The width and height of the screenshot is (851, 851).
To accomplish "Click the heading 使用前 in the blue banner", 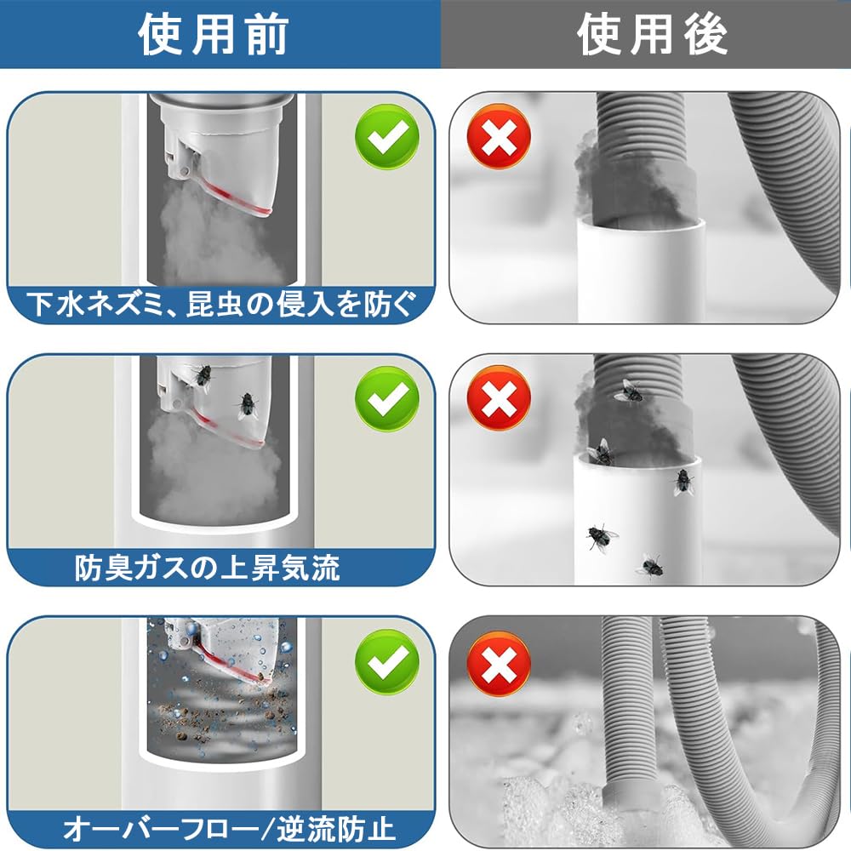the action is [x=214, y=34].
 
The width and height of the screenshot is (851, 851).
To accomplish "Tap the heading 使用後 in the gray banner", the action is [x=652, y=34].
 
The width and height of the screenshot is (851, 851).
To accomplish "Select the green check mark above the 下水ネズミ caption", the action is [x=387, y=136].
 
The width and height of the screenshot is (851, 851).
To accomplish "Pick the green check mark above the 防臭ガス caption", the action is [x=387, y=399].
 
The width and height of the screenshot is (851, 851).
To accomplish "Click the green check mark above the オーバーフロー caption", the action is [x=387, y=661].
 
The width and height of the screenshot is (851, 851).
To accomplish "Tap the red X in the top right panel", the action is [x=499, y=136].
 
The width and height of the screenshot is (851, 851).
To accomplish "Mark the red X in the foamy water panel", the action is [x=499, y=663].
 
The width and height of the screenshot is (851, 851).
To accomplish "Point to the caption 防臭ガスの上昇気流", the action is [x=207, y=568].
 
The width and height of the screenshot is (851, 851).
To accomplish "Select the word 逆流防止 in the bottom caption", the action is [x=336, y=829].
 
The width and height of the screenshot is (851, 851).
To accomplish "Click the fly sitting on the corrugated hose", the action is [x=629, y=391].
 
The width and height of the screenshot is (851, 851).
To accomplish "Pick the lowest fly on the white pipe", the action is [x=650, y=567].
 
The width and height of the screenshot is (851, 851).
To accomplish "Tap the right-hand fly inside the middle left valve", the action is [x=248, y=406].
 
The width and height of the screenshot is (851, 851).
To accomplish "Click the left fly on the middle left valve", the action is [x=201, y=377].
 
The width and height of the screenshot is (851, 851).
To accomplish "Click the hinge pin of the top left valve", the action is [x=185, y=172].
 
